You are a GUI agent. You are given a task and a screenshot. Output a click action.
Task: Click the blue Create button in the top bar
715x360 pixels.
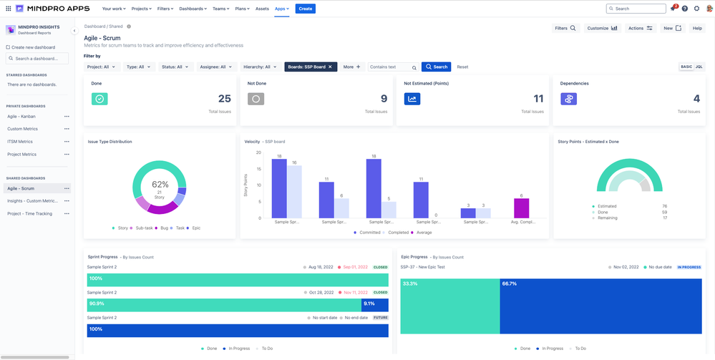pos(305,9)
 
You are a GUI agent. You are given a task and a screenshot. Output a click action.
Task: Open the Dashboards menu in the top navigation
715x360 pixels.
pos(193,9)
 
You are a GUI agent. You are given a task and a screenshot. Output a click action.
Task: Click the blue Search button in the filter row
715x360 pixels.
pos(436,67)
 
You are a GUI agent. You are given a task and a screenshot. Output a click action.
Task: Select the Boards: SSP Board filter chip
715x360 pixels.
pos(310,67)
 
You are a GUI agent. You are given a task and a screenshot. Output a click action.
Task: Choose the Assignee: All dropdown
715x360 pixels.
pos(217,67)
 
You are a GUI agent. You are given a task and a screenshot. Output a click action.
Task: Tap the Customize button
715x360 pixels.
pos(602,28)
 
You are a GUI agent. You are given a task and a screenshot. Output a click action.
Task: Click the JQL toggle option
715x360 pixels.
pos(699,67)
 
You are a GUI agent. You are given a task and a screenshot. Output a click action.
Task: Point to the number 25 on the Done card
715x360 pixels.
pos(225,99)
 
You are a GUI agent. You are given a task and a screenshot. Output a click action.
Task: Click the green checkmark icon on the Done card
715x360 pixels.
pos(99,99)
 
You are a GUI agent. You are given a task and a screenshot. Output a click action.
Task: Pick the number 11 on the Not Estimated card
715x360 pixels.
pos(538,99)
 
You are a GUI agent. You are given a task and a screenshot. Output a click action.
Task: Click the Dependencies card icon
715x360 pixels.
pos(568,99)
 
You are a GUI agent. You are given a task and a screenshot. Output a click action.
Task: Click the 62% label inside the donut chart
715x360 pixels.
pos(160,184)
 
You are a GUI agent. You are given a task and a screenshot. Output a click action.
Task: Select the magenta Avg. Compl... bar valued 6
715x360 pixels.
pos(521,208)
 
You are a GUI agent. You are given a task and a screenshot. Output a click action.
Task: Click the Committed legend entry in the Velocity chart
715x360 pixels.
pos(367,233)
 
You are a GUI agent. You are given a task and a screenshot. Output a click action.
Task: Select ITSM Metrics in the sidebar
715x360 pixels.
pos(21,142)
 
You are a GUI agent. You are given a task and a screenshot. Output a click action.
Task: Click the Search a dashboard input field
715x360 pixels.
pos(40,59)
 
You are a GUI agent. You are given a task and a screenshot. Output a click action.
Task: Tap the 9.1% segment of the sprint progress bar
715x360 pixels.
pos(375,304)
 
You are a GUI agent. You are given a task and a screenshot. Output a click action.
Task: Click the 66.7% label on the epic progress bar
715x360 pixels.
pos(510,283)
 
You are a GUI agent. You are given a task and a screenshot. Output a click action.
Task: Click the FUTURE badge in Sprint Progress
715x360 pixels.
pos(380,318)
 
